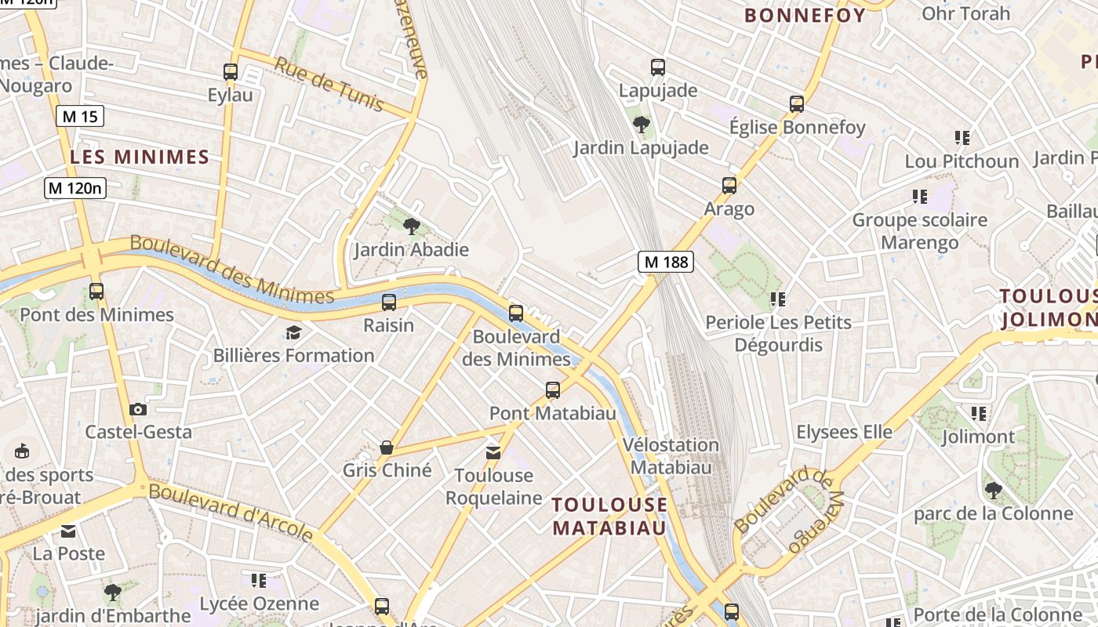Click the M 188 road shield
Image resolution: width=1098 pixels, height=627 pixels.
tap(666, 262)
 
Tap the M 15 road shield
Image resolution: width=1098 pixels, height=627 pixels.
tap(80, 117)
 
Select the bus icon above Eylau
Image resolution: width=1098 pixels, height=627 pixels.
tap(230, 71)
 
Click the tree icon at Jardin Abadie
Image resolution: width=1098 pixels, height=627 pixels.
tap(411, 227)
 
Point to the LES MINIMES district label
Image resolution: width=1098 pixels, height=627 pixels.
tap(140, 157)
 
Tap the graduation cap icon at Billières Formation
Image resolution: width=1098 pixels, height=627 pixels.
tap(293, 332)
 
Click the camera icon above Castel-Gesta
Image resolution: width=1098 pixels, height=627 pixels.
tap(138, 409)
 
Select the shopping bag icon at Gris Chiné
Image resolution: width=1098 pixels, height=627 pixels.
tap(387, 448)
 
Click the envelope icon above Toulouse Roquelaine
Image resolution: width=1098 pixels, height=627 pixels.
tap(493, 452)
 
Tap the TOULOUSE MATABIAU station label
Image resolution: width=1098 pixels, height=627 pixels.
tap(609, 516)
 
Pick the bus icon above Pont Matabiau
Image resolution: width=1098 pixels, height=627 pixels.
tap(553, 390)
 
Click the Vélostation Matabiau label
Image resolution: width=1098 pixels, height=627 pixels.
tap(671, 455)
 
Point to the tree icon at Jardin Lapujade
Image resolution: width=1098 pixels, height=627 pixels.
tap(641, 124)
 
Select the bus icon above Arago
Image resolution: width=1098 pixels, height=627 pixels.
tap(729, 186)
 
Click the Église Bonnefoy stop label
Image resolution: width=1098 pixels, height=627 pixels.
tap(797, 127)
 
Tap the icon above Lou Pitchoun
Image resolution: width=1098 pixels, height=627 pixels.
tap(962, 138)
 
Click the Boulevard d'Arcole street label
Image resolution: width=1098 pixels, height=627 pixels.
tap(231, 513)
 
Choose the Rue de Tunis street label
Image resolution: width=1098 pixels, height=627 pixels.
tap(329, 84)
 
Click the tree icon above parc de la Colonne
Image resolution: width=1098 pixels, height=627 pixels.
tap(993, 491)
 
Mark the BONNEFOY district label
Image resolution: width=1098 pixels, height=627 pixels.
tap(805, 15)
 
